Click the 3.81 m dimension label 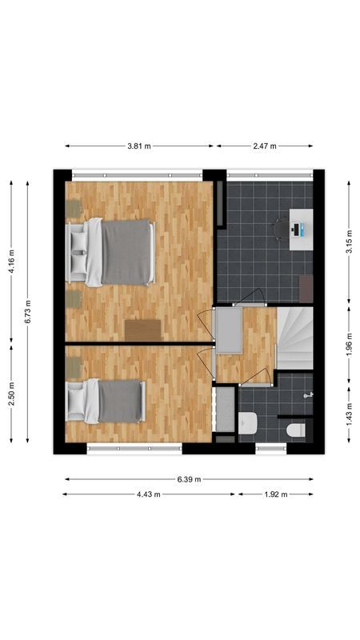(x=138, y=146)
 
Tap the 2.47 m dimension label (x=264, y=146)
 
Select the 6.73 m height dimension (x=28, y=309)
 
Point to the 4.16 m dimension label (x=11, y=260)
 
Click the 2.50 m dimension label (x=11, y=393)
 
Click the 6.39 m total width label (x=189, y=479)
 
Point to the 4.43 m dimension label (x=149, y=494)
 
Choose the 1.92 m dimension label (x=274, y=494)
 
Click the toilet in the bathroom (x=296, y=430)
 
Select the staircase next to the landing (x=295, y=338)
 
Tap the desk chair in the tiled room (x=279, y=230)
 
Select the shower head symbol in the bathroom (x=308, y=394)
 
